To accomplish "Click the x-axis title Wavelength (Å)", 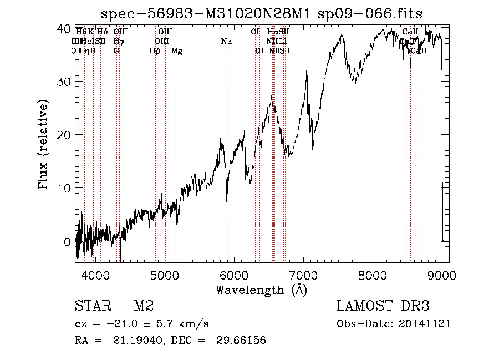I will (261, 290).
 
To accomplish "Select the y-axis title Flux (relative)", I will (43, 144).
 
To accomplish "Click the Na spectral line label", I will (226, 42).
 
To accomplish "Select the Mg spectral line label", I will (177, 51).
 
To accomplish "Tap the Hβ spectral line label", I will (155, 51).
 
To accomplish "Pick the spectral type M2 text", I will (144, 306).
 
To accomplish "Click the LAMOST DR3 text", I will (383, 306).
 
